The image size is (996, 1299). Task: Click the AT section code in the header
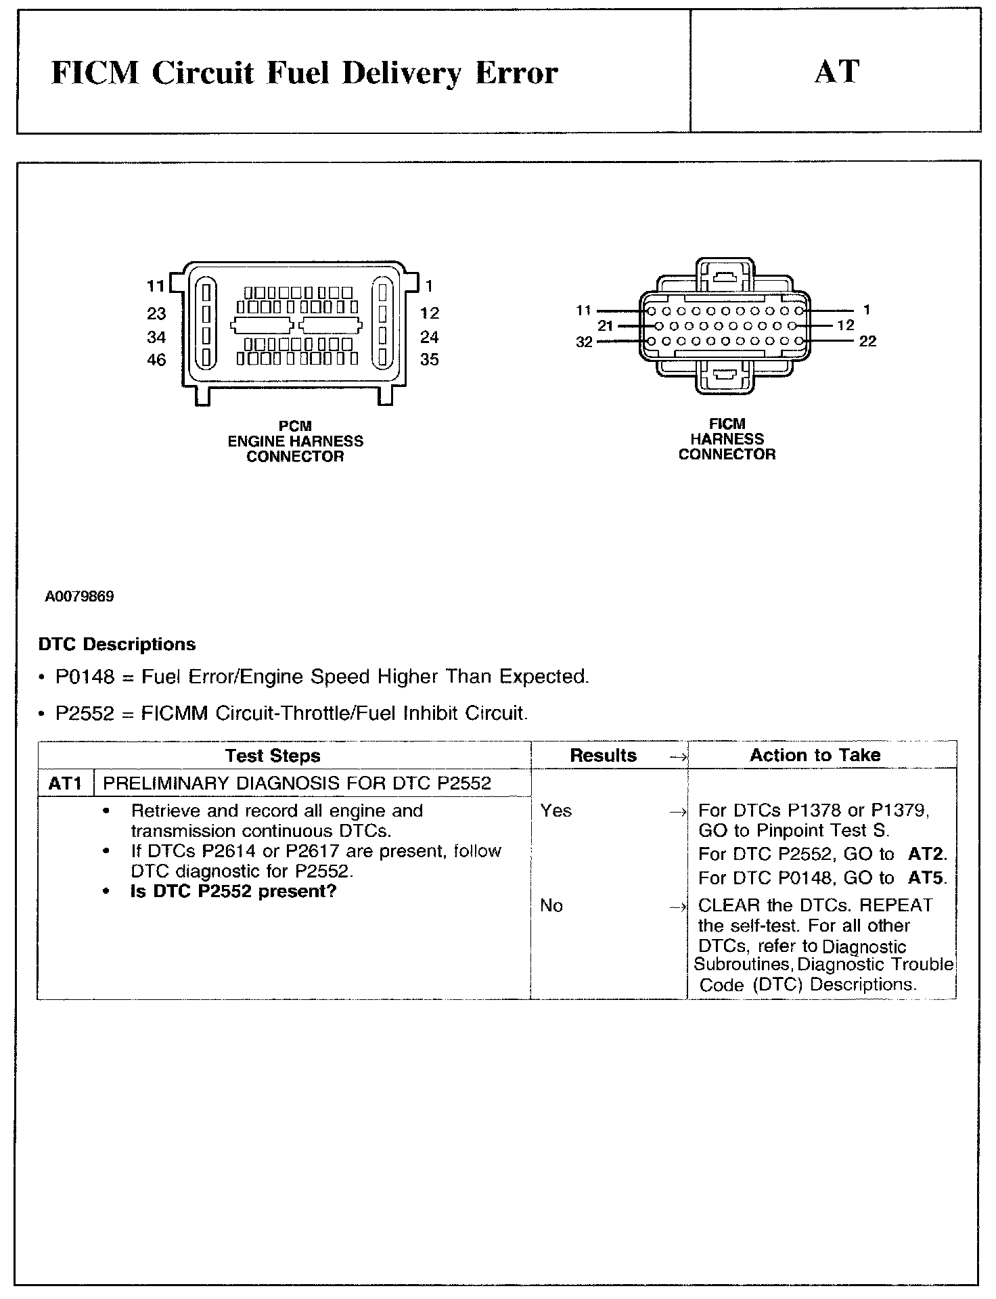coord(837,71)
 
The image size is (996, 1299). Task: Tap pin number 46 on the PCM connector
coord(156,360)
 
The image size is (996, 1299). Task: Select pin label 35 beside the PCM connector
coord(430,360)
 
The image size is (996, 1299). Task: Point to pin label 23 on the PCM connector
coord(156,313)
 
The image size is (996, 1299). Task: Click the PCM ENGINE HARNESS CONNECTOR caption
coord(295,441)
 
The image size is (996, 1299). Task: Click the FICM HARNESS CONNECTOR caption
coord(727,439)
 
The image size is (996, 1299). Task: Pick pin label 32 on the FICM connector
coord(584,342)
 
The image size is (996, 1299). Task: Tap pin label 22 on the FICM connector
coord(867,342)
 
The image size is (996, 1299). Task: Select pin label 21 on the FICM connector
coord(606,326)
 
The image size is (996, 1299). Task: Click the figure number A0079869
coord(80,597)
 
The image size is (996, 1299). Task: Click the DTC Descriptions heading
coord(117,644)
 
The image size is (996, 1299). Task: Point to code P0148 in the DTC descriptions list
coord(85,677)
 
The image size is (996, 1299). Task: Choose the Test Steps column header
coord(273,756)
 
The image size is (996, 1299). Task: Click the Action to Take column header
coord(815,755)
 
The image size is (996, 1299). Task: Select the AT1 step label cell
coord(66,783)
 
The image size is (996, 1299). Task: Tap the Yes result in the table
coord(556,811)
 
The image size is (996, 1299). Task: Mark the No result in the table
coord(551,905)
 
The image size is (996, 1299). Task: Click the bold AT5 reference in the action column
coord(927,878)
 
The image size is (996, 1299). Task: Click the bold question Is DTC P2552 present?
coord(233,891)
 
